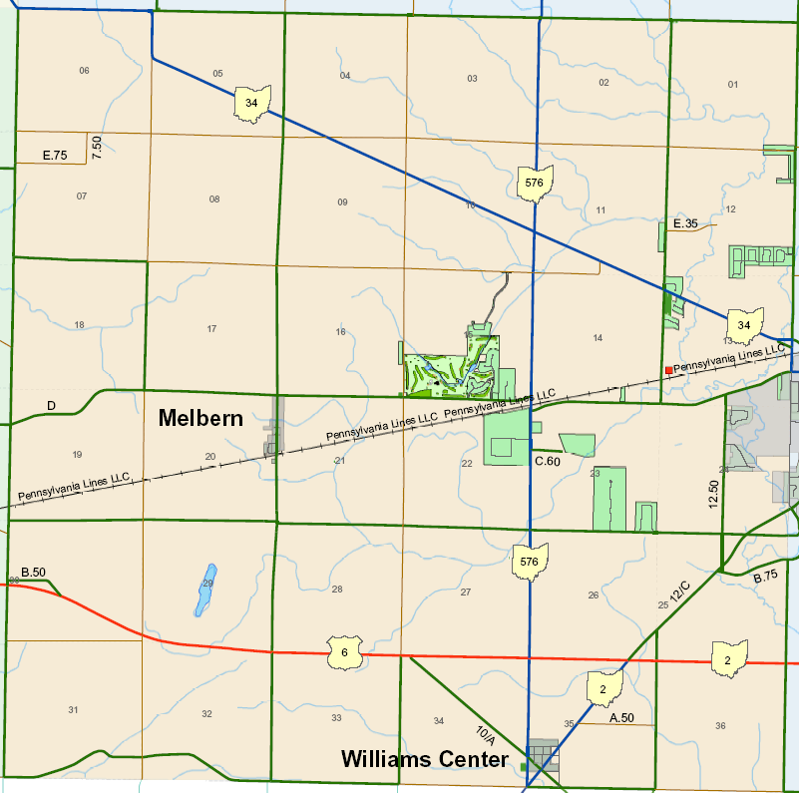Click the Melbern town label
pyautogui.click(x=200, y=419)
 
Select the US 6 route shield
pyautogui.click(x=344, y=653)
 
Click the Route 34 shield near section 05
pyautogui.click(x=251, y=103)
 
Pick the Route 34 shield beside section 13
pyautogui.click(x=744, y=325)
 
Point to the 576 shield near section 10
pyautogui.click(x=535, y=184)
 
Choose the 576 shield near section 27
pyautogui.click(x=530, y=562)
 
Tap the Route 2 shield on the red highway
pyautogui.click(x=729, y=660)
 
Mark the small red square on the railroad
pyautogui.click(x=668, y=370)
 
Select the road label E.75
pyautogui.click(x=55, y=156)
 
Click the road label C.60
pyautogui.click(x=548, y=461)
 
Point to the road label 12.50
pyautogui.click(x=713, y=494)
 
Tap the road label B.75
pyautogui.click(x=766, y=577)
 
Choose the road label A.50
pyautogui.click(x=620, y=717)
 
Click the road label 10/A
pyautogui.click(x=485, y=736)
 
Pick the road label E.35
pyautogui.click(x=685, y=223)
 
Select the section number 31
pyautogui.click(x=73, y=709)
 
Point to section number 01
pyautogui.click(x=733, y=84)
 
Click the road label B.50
pyautogui.click(x=32, y=573)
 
